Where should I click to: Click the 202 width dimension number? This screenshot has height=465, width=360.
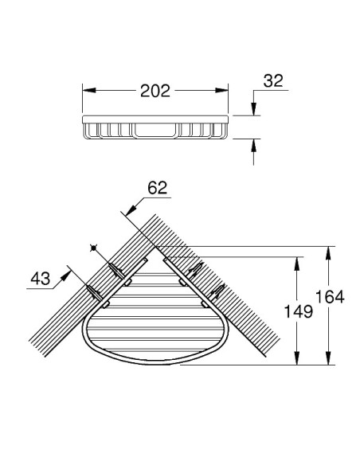pyautogui.click(x=155, y=91)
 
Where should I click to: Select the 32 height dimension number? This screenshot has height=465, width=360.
pyautogui.click(x=273, y=80)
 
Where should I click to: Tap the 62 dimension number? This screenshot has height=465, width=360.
pyautogui.click(x=158, y=188)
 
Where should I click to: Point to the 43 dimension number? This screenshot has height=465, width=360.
pyautogui.click(x=41, y=279)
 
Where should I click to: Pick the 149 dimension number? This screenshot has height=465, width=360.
pyautogui.click(x=299, y=311)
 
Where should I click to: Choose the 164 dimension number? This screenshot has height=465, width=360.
pyautogui.click(x=330, y=297)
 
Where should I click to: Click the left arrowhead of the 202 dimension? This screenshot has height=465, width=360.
pyautogui.click(x=89, y=90)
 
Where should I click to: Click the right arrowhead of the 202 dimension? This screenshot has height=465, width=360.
pyautogui.click(x=221, y=90)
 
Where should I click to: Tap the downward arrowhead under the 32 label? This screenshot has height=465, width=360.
pyautogui.click(x=253, y=108)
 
